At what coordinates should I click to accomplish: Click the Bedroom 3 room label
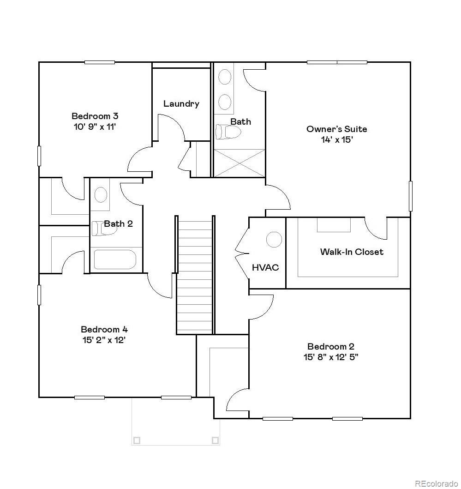click(97, 116)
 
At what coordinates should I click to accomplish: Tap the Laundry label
click(181, 104)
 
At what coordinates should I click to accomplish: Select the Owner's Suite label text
click(337, 129)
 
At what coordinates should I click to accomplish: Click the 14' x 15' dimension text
click(337, 139)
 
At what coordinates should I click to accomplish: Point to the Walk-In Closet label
click(352, 252)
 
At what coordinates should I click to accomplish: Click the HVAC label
click(265, 268)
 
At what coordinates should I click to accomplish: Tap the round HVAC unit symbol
click(274, 239)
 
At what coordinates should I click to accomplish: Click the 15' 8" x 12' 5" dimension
click(331, 357)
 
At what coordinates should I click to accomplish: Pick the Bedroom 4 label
click(104, 330)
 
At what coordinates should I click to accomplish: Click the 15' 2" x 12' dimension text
click(104, 340)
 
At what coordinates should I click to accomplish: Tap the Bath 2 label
click(118, 224)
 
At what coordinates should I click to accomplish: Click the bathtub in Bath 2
click(115, 260)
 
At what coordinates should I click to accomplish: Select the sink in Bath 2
click(101, 195)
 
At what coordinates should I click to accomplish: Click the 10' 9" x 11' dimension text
click(97, 127)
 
